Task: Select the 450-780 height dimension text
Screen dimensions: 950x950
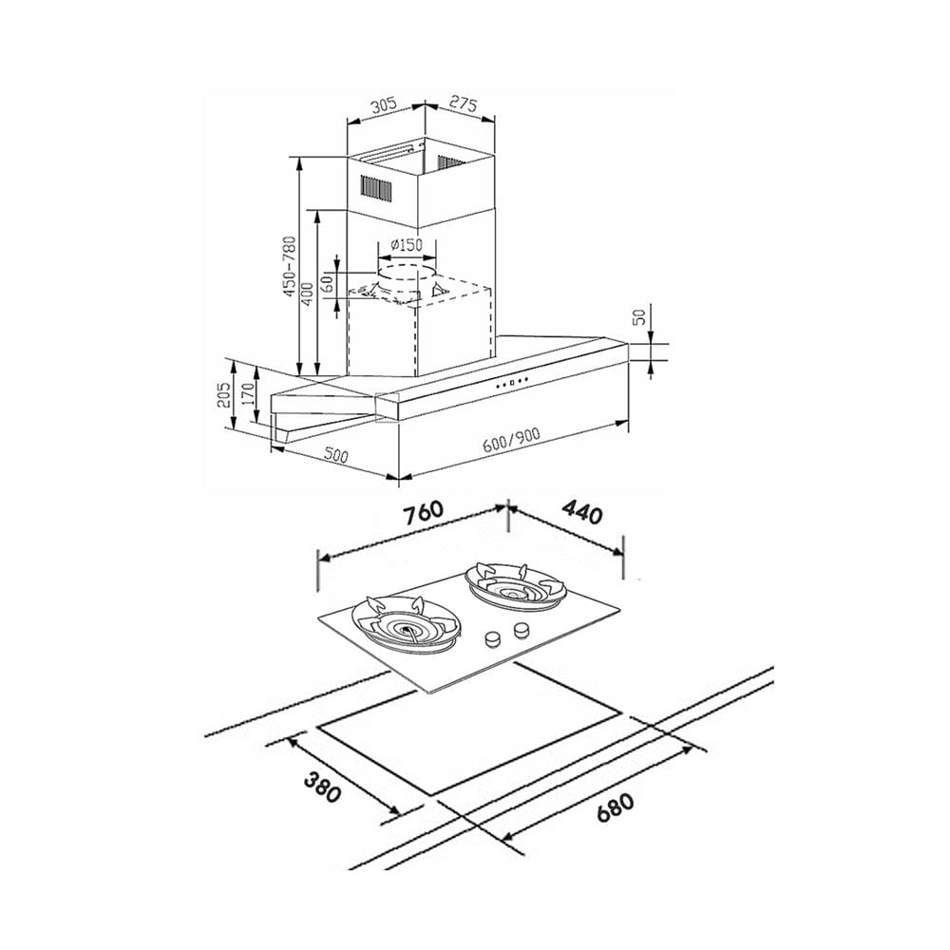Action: (x=290, y=267)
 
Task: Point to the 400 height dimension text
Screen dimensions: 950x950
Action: (x=308, y=294)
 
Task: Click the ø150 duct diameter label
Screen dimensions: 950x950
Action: (x=406, y=245)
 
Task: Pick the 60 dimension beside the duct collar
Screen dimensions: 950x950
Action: (x=328, y=283)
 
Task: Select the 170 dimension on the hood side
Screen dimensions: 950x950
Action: (x=247, y=395)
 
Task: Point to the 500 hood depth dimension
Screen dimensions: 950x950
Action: (x=335, y=454)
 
